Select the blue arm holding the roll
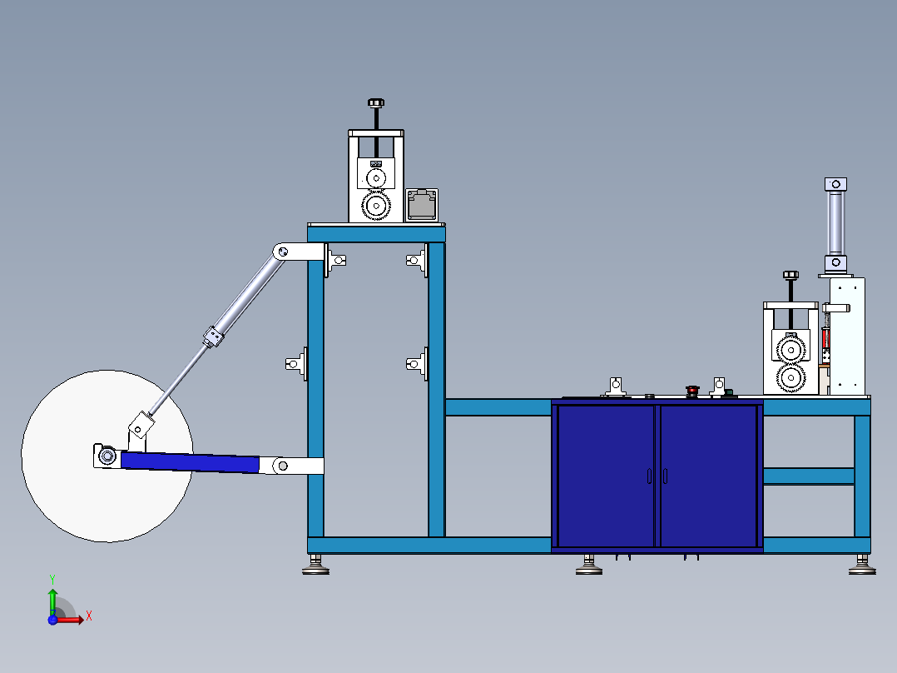(x=190, y=462)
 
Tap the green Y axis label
(x=52, y=580)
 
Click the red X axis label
(x=89, y=616)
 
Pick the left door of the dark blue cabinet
(x=606, y=476)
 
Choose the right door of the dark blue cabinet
(x=708, y=476)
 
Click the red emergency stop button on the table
(x=692, y=391)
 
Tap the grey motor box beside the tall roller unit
(x=422, y=205)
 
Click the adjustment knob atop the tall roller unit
(x=376, y=103)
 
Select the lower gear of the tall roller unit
(x=376, y=205)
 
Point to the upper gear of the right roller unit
(x=791, y=349)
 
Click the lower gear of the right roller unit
(x=791, y=378)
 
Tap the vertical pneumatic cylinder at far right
(x=835, y=223)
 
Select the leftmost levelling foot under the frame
(x=316, y=565)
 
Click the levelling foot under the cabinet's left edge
(x=589, y=565)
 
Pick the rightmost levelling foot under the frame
(x=862, y=565)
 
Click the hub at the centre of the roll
(x=107, y=456)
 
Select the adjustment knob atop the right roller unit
(x=790, y=275)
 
